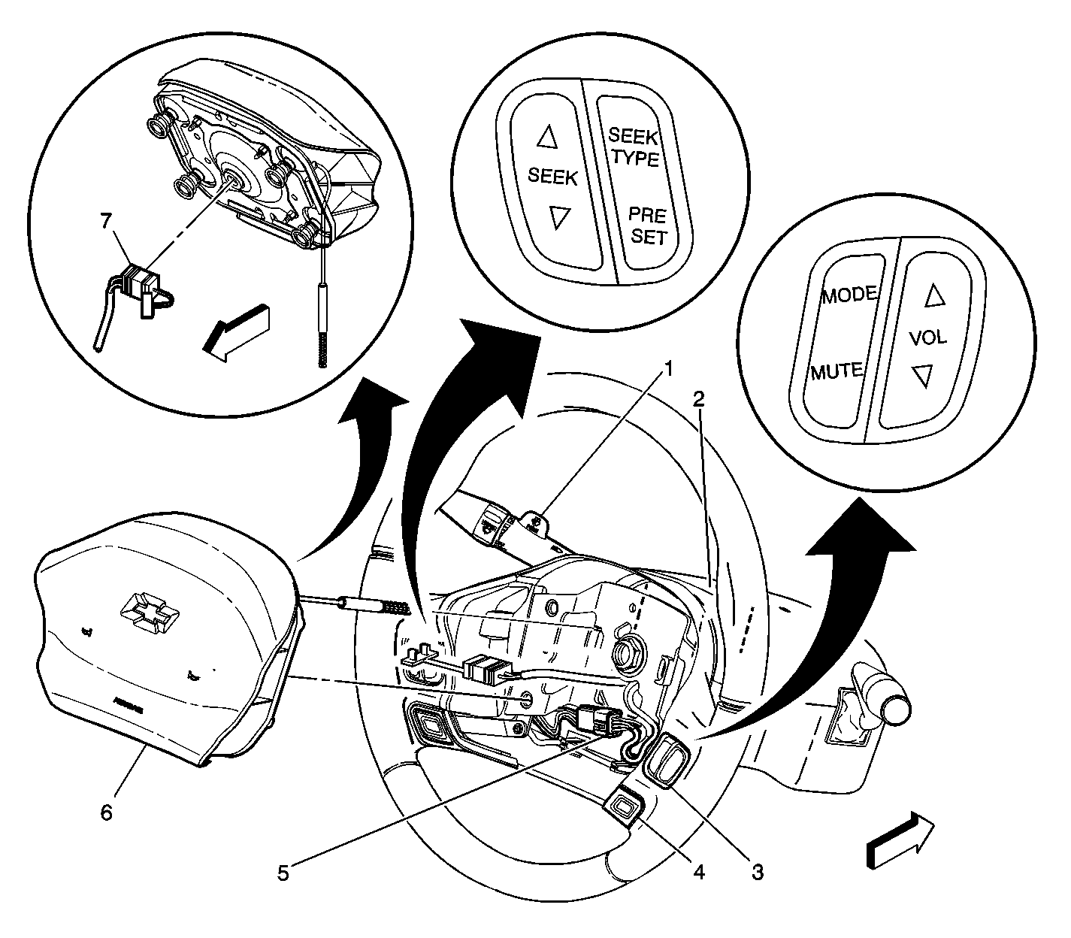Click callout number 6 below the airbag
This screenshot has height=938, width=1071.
click(106, 812)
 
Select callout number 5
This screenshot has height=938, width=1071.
click(283, 873)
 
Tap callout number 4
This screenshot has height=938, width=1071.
click(698, 873)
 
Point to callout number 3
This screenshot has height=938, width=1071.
click(757, 873)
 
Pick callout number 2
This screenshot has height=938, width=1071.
click(698, 400)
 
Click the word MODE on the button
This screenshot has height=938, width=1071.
click(849, 295)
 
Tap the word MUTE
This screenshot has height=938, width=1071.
click(836, 371)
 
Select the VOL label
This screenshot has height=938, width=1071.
click(928, 337)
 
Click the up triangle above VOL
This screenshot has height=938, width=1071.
click(933, 297)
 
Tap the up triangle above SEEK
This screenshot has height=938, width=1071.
click(546, 137)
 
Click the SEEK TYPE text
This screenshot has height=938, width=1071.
click(634, 147)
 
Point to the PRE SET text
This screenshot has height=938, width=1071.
click(648, 226)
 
